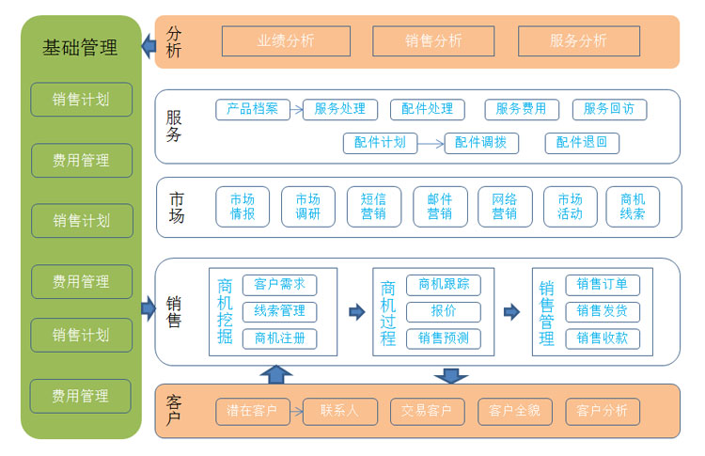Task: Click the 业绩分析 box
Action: (x=286, y=40)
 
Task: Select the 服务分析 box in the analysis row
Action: (x=578, y=40)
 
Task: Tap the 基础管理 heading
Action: (x=81, y=47)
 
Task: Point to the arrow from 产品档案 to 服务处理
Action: (x=295, y=109)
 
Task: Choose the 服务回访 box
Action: (x=608, y=109)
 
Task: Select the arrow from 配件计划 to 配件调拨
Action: (x=430, y=144)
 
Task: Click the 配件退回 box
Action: (x=582, y=143)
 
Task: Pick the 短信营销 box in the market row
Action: (x=373, y=207)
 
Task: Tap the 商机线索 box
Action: (x=633, y=207)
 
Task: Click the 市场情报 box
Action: (x=242, y=207)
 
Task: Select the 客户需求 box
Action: (x=279, y=285)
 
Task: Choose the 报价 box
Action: (x=443, y=311)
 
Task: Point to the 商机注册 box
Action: (x=279, y=338)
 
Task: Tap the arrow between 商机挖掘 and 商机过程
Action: (x=356, y=311)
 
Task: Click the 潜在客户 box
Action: (x=252, y=411)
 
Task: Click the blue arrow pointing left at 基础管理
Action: (x=149, y=44)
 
